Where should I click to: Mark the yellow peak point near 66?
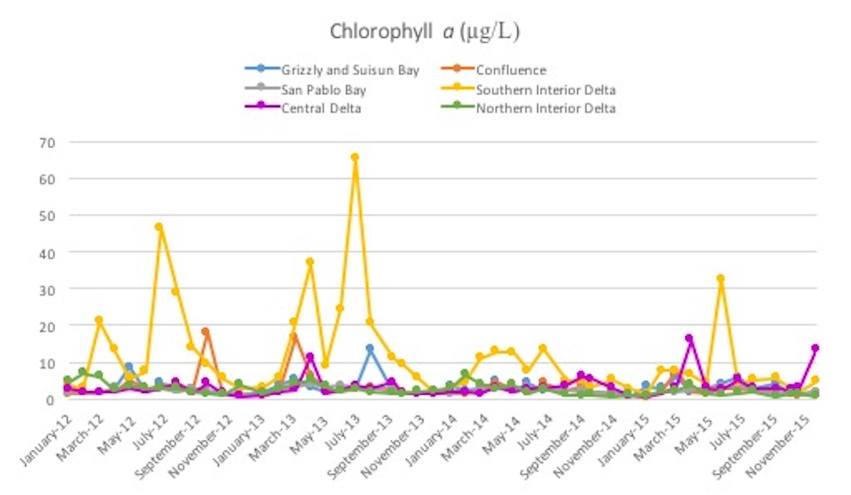(355, 157)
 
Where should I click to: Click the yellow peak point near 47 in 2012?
(159, 227)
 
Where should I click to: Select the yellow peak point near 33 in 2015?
(720, 278)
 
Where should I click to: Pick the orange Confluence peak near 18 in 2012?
(205, 332)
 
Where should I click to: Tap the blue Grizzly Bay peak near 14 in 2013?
(370, 348)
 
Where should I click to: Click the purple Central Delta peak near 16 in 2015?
(689, 339)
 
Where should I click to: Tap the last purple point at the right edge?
(815, 348)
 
